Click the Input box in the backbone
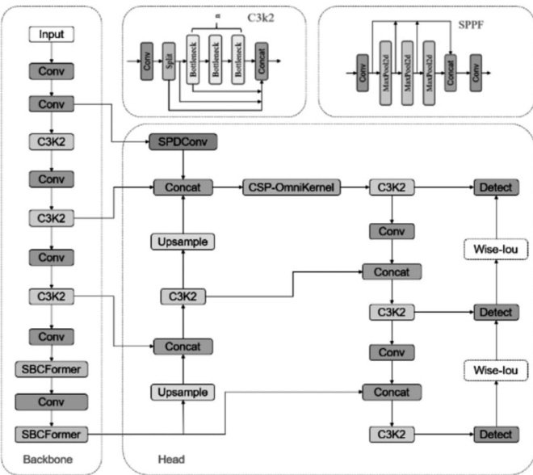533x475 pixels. coord(52,35)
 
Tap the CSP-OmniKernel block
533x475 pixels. coord(292,187)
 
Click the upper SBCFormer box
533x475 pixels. coord(52,368)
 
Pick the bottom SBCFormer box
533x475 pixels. coord(52,434)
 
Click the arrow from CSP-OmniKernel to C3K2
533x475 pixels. coord(355,187)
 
